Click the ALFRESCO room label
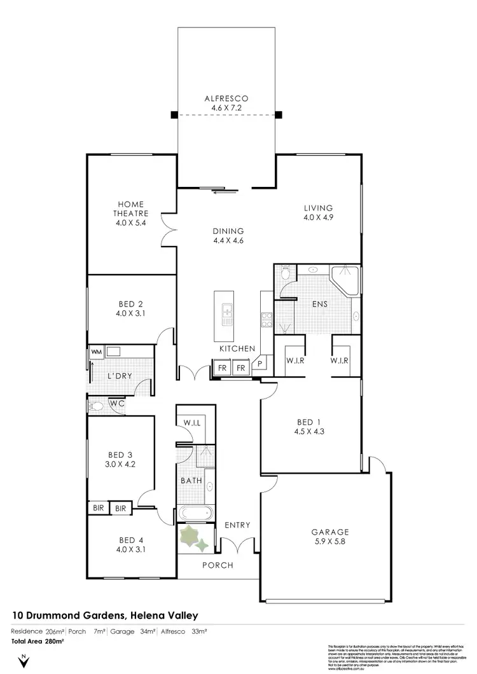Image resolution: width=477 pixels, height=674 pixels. point(226,99)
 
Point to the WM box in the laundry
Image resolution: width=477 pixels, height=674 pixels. point(96,351)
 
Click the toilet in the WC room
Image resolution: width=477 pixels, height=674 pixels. point(97,405)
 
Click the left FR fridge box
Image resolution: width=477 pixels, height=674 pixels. point(222,368)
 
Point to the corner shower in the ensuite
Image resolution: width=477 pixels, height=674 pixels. point(345,280)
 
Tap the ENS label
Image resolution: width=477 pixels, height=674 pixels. point(319,304)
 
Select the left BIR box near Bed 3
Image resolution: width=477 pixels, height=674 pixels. point(97,508)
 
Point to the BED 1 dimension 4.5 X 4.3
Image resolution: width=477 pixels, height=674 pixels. point(305,432)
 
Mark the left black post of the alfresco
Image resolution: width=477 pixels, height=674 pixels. point(174,115)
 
